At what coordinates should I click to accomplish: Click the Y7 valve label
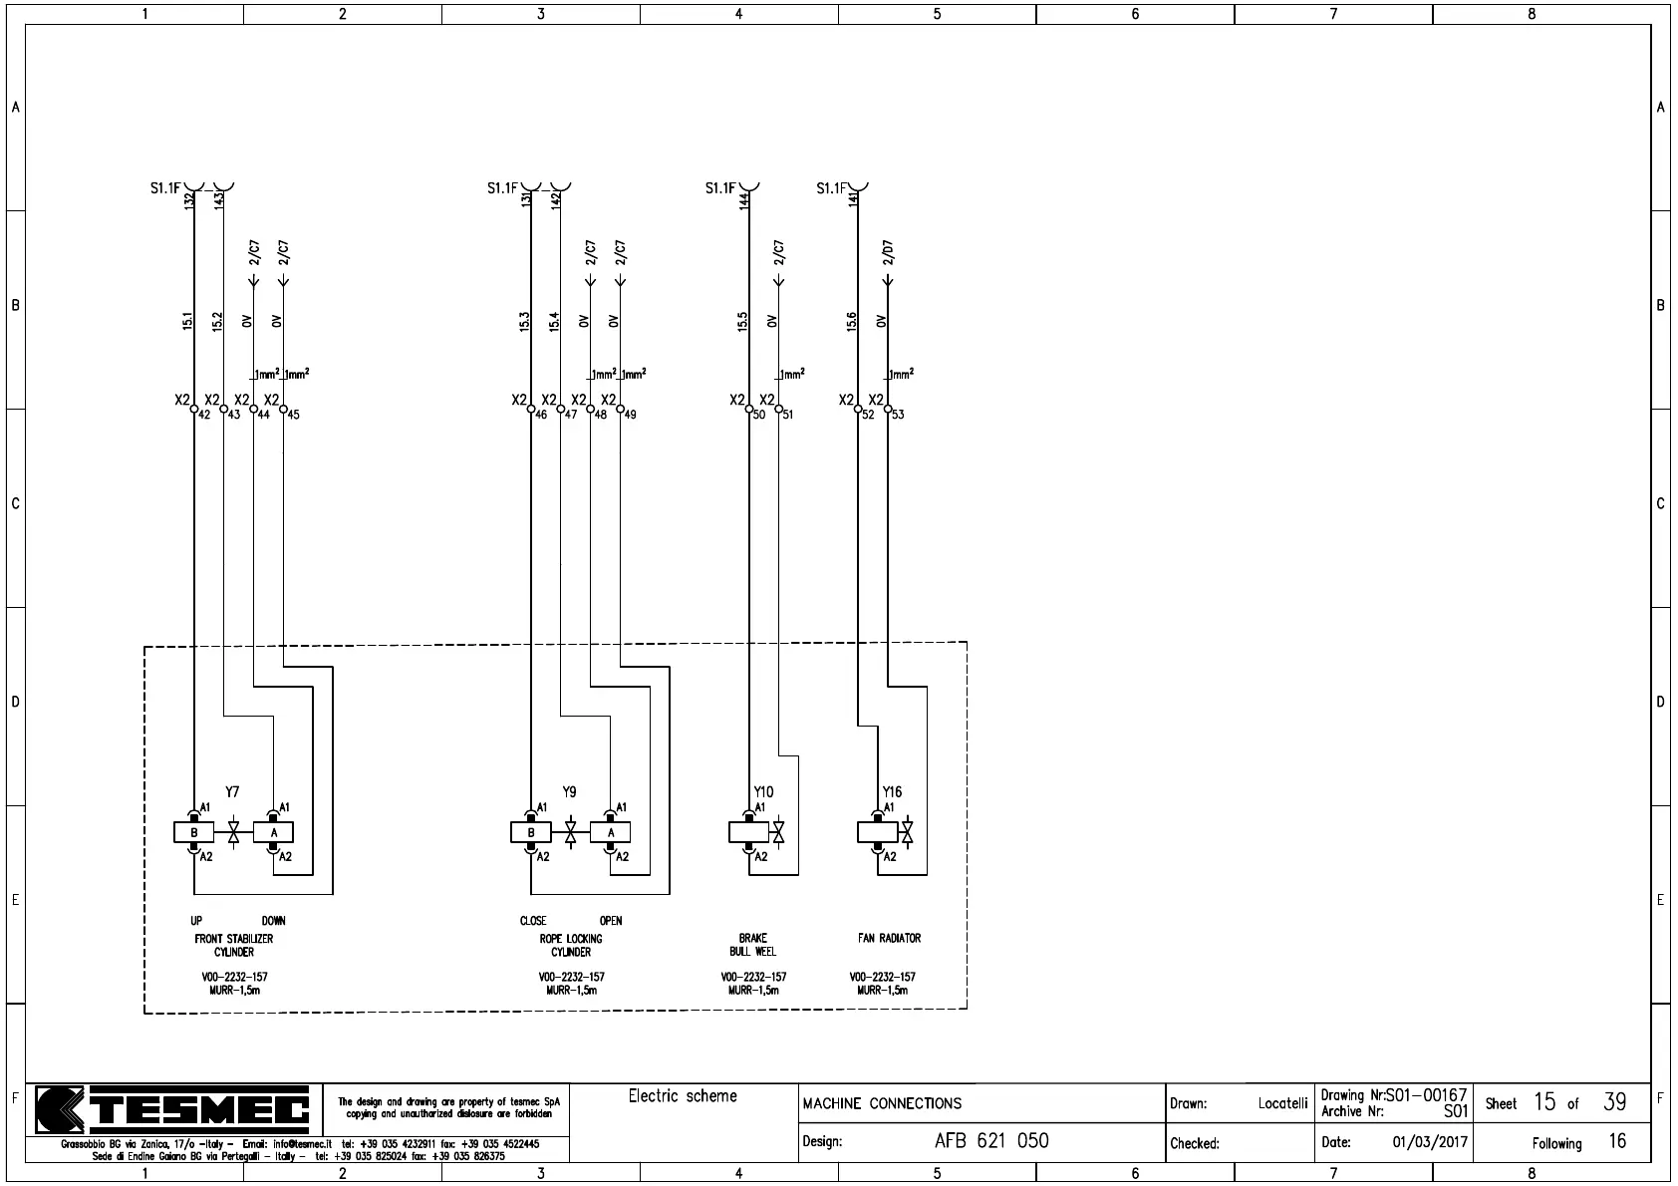pos(232,792)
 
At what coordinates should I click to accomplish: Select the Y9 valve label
pos(569,792)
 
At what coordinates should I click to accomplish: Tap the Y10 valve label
pos(763,792)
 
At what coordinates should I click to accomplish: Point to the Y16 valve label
pos(892,792)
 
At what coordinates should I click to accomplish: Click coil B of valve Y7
pos(194,832)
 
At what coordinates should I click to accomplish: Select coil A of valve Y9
pos(611,832)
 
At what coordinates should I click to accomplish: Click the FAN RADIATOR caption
pos(889,938)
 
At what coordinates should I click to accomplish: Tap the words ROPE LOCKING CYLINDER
pos(571,945)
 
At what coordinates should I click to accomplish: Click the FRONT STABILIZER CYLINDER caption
pos(234,945)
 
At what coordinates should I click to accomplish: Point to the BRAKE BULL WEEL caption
pos(752,945)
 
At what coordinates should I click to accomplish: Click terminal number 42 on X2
pos(204,415)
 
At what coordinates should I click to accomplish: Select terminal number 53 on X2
pos(898,415)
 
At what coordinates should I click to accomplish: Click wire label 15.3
pos(525,321)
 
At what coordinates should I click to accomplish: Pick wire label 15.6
pos(852,321)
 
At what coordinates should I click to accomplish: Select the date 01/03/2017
pos(1430,1142)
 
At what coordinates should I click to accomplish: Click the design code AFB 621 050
pos(991,1141)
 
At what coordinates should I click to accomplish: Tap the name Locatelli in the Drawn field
pos(1282,1103)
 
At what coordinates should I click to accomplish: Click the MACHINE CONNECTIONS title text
pos(882,1103)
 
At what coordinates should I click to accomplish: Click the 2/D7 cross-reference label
pos(888,252)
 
